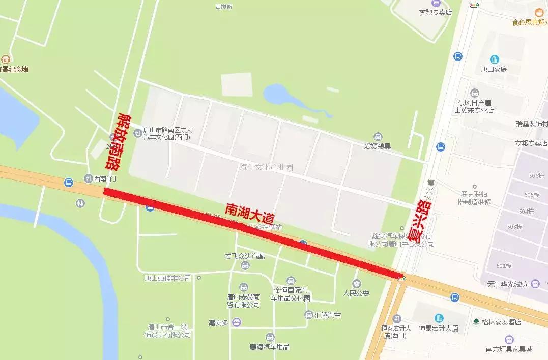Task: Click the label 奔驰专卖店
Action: pyautogui.click(x=435, y=12)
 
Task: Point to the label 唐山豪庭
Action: pyautogui.click(x=494, y=69)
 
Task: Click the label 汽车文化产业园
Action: pyautogui.click(x=266, y=167)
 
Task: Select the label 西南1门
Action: pyautogui.click(x=105, y=179)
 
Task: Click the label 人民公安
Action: pyautogui.click(x=356, y=293)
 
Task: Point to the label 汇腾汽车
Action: pyautogui.click(x=328, y=315)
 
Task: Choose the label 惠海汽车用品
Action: pyautogui.click(x=270, y=347)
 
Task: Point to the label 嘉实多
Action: pyautogui.click(x=218, y=322)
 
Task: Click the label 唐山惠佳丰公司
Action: pyautogui.click(x=167, y=278)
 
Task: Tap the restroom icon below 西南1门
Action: pyautogui.click(x=82, y=203)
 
